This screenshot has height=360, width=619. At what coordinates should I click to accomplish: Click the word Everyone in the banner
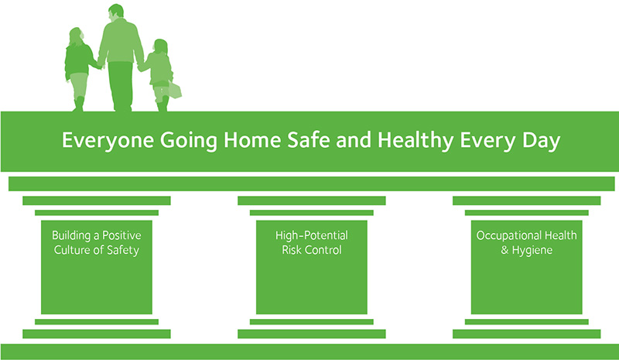[x=108, y=141]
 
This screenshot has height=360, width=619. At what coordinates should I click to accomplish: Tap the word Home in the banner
[x=252, y=140]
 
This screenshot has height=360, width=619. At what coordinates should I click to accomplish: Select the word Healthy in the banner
[x=416, y=141]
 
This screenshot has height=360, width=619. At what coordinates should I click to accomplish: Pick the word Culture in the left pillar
[x=71, y=250]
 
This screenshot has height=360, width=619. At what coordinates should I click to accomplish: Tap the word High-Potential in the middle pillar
[x=312, y=235]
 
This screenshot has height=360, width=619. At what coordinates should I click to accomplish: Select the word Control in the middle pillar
[x=323, y=250]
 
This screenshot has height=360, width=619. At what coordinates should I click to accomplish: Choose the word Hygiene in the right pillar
[x=532, y=251]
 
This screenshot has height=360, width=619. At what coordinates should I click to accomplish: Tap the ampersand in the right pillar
[x=504, y=250]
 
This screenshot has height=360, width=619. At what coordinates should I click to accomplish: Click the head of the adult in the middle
[x=115, y=12]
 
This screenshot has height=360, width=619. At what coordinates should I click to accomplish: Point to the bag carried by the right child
[x=175, y=90]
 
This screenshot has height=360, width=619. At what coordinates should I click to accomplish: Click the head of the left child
[x=76, y=36]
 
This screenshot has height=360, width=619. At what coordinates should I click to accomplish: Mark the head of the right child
[x=161, y=46]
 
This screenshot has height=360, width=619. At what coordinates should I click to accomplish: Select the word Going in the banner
[x=188, y=141]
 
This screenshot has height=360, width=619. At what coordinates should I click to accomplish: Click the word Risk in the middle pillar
[x=292, y=250]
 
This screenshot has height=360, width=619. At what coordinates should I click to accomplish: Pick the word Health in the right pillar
[x=561, y=235]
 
